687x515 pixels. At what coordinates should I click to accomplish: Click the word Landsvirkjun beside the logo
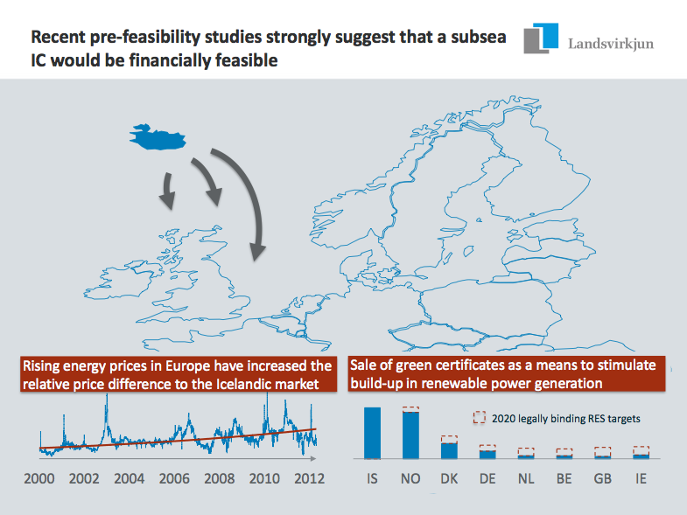pos(610,42)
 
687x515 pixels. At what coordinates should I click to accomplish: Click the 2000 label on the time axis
pos(39,479)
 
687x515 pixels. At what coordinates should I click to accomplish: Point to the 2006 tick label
pos(174,479)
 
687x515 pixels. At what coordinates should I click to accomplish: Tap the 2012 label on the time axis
pos(309,479)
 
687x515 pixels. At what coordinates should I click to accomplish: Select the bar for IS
pos(372,433)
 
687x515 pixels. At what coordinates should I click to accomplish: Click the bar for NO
pos(410,435)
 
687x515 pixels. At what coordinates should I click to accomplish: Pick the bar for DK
pos(449,449)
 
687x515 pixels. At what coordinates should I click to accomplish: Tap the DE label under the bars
pos(487,480)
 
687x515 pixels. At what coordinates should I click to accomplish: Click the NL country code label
pos(526,480)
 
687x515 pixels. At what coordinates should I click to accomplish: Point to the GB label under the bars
pos(602,480)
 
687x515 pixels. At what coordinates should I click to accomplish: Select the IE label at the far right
pos(641,480)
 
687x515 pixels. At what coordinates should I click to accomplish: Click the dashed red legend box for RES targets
pos(479,419)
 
